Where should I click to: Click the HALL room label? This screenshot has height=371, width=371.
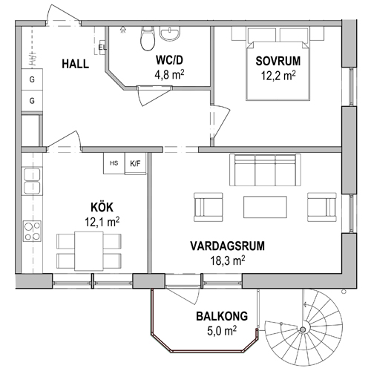pyautogui.click(x=75, y=64)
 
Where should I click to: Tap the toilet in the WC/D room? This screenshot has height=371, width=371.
pyautogui.click(x=148, y=39)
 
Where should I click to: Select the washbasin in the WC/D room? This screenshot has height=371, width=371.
pyautogui.click(x=170, y=34)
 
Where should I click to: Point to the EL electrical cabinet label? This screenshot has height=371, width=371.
pyautogui.click(x=102, y=47)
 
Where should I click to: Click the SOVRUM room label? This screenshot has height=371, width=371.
pyautogui.click(x=278, y=61)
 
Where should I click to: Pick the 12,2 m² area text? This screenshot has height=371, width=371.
pyautogui.click(x=278, y=76)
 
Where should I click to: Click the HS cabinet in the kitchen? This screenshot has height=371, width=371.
pyautogui.click(x=114, y=163)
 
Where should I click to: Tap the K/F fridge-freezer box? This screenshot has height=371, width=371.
pyautogui.click(x=135, y=163)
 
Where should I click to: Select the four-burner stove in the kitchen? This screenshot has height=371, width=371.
pyautogui.click(x=32, y=231)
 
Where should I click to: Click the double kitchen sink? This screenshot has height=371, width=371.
pyautogui.click(x=32, y=181)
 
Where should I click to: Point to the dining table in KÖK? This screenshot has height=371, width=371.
pyautogui.click(x=89, y=251)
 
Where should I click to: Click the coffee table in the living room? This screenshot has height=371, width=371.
pyautogui.click(x=265, y=207)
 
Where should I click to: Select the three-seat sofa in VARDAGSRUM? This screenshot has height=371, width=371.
pyautogui.click(x=265, y=170)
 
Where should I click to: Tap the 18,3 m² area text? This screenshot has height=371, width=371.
pyautogui.click(x=228, y=260)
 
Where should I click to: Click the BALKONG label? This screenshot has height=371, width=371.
pyautogui.click(x=222, y=316)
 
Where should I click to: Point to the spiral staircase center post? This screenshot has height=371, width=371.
pyautogui.click(x=302, y=329)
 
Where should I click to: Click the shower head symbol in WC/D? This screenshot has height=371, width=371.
pyautogui.click(x=122, y=30)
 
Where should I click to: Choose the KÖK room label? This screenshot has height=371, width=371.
pyautogui.click(x=102, y=207)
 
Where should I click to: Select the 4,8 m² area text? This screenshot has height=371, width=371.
pyautogui.click(x=169, y=74)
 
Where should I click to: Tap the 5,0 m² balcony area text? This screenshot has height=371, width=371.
pyautogui.click(x=222, y=331)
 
